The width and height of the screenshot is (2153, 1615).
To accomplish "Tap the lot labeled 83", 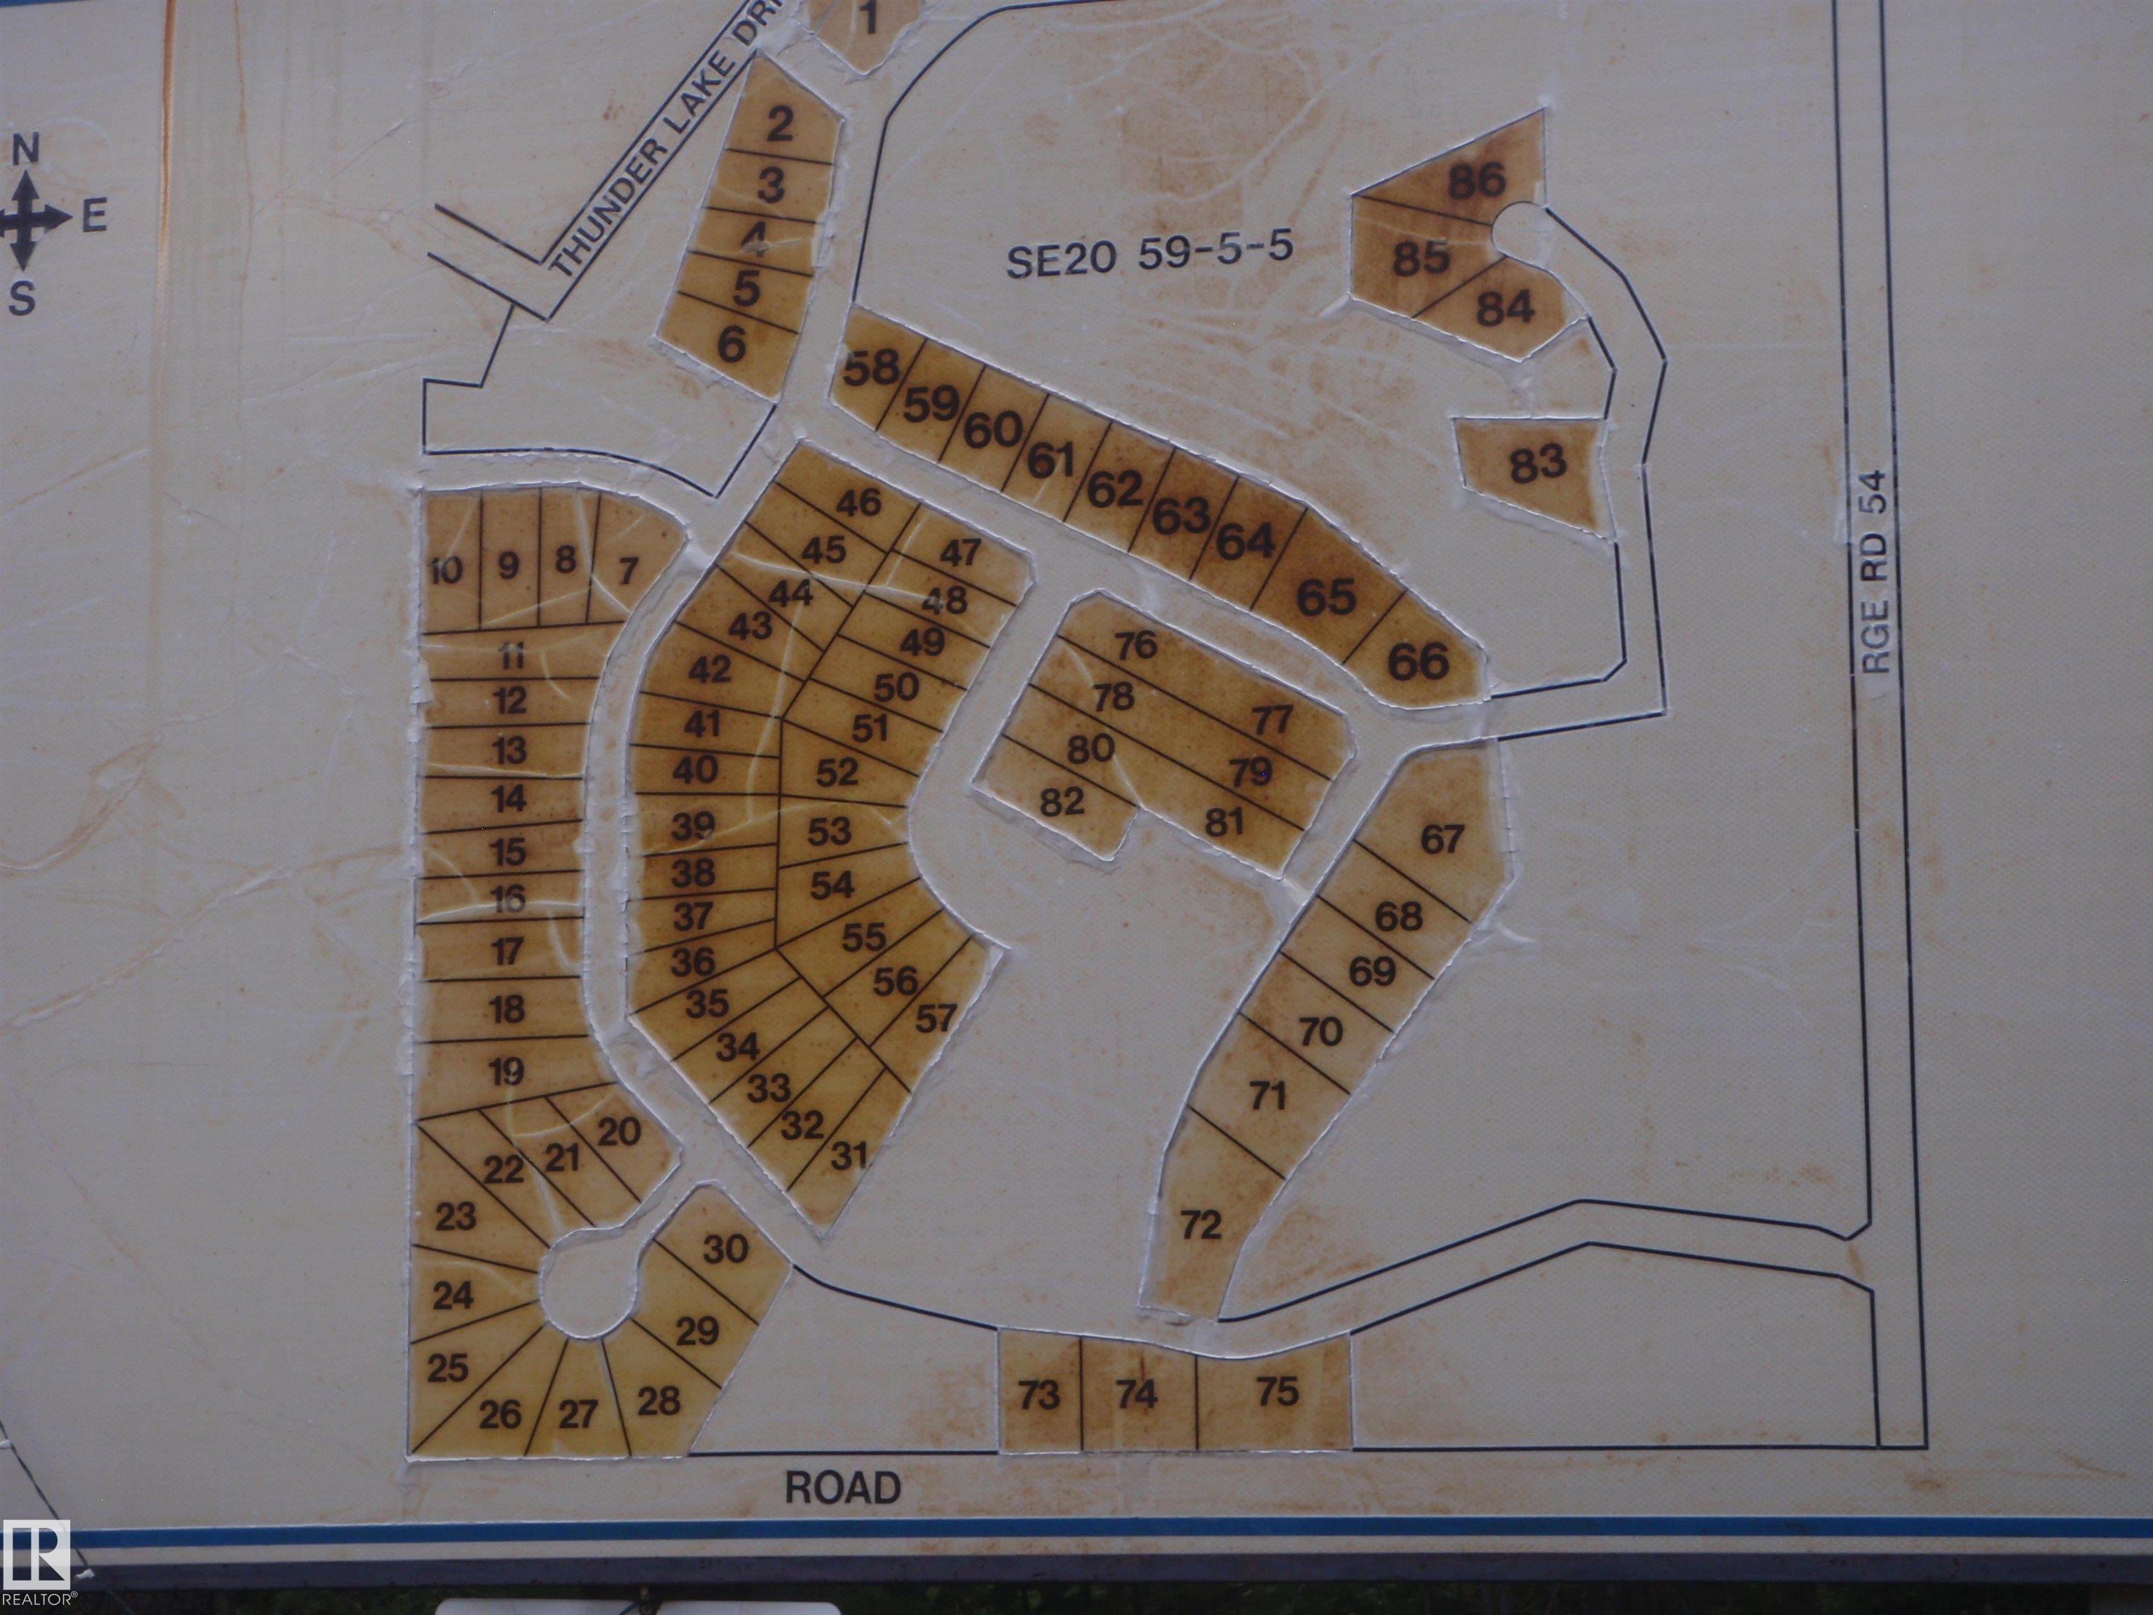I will tap(1538, 463).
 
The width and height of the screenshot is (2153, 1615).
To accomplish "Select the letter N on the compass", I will tap(26, 151).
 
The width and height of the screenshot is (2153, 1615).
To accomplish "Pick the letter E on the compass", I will tap(93, 217).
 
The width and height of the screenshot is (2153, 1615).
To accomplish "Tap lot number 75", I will tap(1277, 1392).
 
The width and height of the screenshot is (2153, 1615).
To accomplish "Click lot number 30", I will tap(725, 1249).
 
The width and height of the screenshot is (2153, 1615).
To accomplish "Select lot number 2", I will tap(779, 125).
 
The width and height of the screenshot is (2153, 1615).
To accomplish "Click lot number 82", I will tap(1062, 802).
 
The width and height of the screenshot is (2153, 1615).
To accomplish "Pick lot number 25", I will tap(448, 1368).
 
